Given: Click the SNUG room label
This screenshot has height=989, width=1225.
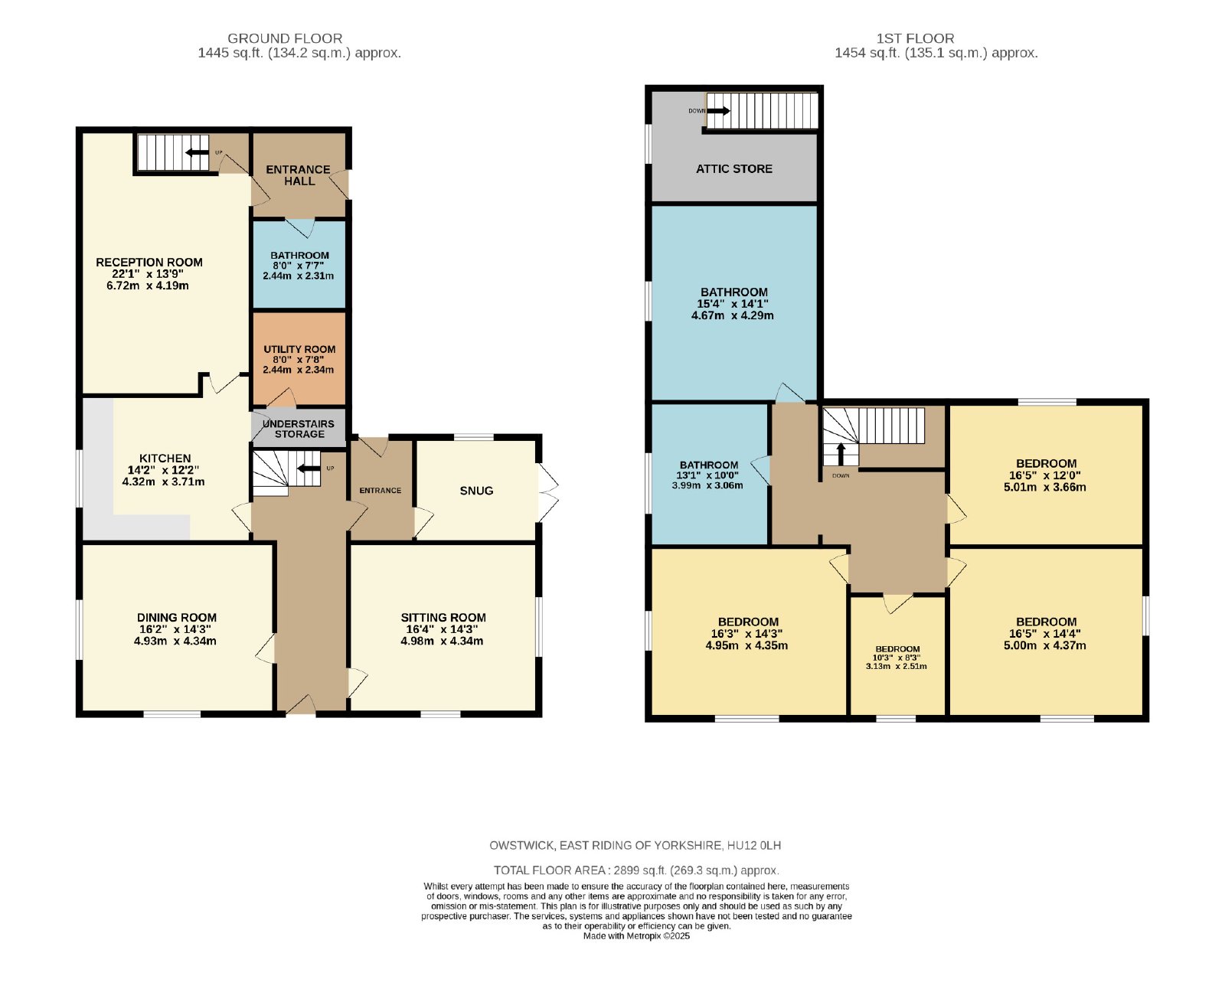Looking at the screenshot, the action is tap(476, 491).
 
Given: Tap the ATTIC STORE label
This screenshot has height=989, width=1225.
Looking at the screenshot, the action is tap(733, 168).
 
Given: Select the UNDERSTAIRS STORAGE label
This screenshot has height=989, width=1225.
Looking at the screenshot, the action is tap(299, 429).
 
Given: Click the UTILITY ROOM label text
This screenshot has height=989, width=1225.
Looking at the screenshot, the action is tap(299, 349).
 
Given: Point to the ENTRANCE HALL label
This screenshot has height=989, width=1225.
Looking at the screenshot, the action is tap(299, 175).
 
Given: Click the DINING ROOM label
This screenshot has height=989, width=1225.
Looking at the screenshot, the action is tap(177, 618).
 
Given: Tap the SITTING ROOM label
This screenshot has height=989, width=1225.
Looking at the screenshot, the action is tap(443, 618).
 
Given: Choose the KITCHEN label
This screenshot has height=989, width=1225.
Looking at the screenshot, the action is tap(165, 459).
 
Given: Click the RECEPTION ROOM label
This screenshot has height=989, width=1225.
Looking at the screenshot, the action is tap(149, 263).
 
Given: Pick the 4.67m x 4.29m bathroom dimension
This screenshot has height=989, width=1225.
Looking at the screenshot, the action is tap(732, 315).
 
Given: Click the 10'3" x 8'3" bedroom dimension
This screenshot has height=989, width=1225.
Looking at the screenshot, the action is tap(897, 658).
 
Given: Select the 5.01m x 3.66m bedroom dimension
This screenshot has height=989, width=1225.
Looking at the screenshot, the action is tap(1045, 487).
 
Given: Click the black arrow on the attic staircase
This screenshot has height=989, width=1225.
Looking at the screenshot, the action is tap(717, 110).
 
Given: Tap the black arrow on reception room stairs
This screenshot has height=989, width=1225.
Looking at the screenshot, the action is tap(197, 152).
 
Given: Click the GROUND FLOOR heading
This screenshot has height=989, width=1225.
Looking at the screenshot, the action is tap(285, 38).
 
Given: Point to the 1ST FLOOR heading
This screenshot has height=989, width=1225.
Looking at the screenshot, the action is tap(915, 38).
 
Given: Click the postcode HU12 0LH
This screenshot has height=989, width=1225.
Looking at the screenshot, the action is tap(754, 845).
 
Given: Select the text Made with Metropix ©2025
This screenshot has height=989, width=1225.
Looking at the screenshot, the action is tap(636, 936).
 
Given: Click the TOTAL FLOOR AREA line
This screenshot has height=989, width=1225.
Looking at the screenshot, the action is tap(636, 870).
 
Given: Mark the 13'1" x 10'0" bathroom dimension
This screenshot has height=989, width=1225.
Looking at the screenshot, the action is tap(708, 475).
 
